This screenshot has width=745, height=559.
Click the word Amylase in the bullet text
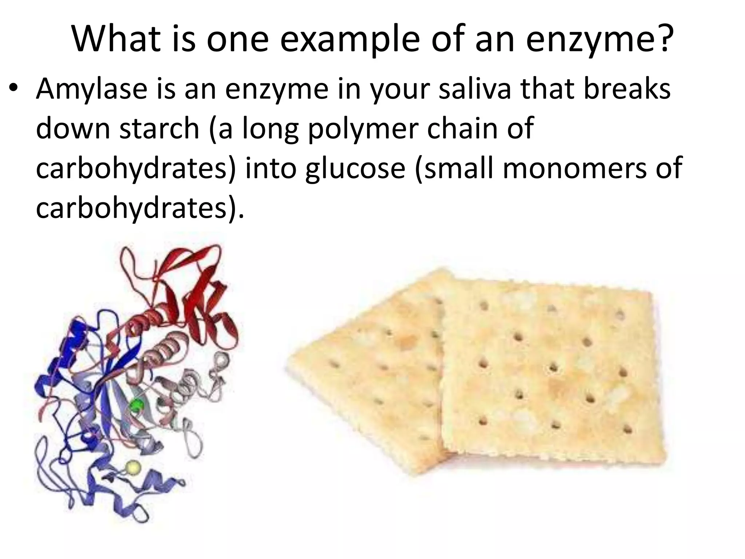coord(91,89)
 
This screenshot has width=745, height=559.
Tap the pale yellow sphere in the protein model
coord(132,467)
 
